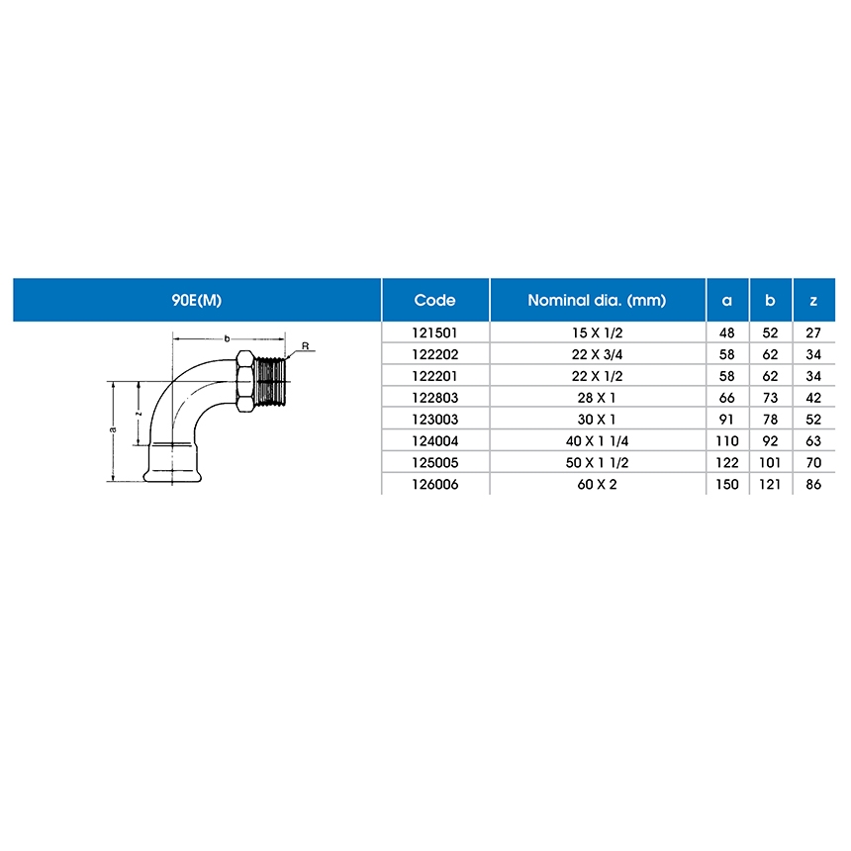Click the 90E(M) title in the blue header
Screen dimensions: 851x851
(x=197, y=300)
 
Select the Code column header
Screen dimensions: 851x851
(x=434, y=300)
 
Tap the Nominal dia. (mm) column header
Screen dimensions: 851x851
(x=597, y=300)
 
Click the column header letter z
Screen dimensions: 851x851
(x=813, y=301)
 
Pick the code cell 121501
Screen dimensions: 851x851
(x=434, y=332)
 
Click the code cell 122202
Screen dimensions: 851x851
(x=435, y=354)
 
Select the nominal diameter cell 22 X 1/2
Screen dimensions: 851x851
(x=597, y=376)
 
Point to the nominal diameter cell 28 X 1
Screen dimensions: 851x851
(x=597, y=398)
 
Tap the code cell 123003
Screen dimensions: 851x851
(x=435, y=420)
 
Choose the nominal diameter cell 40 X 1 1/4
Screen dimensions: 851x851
(x=597, y=441)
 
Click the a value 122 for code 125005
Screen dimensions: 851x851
(x=727, y=463)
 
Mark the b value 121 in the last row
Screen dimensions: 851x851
(x=770, y=484)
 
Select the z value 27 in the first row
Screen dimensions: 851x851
(x=813, y=332)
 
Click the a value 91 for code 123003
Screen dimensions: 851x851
(x=726, y=420)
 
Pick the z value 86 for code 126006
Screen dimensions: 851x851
(x=813, y=484)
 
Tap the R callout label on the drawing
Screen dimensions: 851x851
(x=305, y=345)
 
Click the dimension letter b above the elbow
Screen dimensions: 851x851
(x=227, y=338)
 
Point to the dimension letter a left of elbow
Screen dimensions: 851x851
(x=113, y=429)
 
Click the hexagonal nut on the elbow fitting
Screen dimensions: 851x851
(x=245, y=381)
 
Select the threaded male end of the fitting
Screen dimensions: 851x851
(x=270, y=382)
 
